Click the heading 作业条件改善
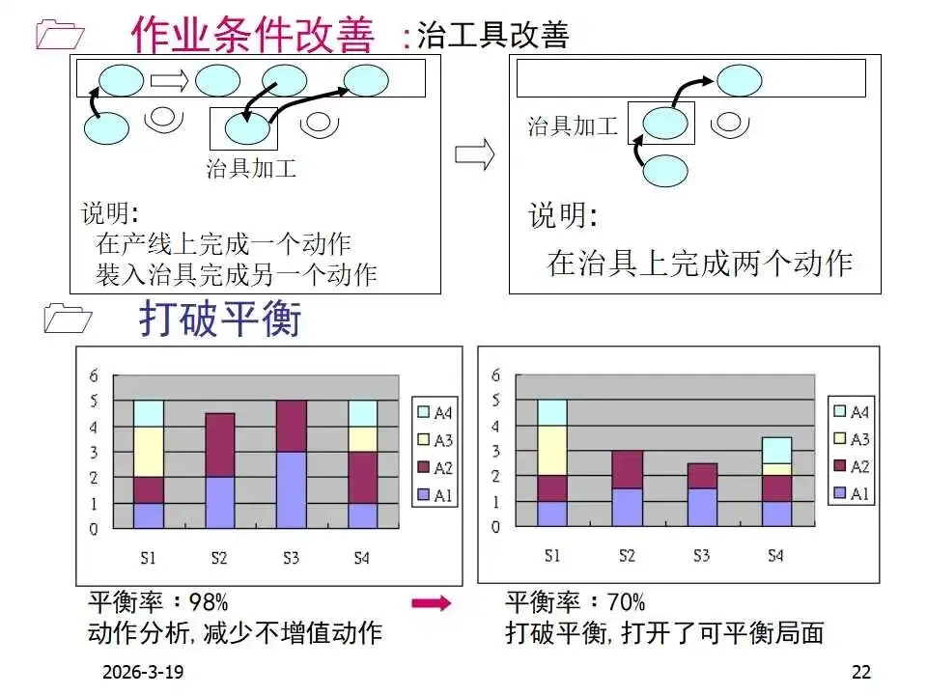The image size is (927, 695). [x=252, y=35]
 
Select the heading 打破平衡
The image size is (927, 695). [x=220, y=319]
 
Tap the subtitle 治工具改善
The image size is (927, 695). [x=492, y=35]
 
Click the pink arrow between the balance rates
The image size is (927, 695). [x=431, y=604]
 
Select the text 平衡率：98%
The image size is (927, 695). [x=158, y=603]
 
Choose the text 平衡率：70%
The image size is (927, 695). [x=576, y=603]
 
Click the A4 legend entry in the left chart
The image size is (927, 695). [x=434, y=412]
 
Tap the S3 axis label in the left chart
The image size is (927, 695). [x=292, y=557]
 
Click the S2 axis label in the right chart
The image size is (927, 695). [x=627, y=555]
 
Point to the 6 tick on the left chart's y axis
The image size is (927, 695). [x=94, y=375]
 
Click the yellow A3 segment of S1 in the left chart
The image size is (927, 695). [x=148, y=451]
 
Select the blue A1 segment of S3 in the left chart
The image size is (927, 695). [x=292, y=489]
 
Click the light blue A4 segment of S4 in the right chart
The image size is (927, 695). [x=775, y=450]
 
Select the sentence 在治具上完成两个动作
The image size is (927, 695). [x=700, y=263]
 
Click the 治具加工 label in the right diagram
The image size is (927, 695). [x=572, y=126]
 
